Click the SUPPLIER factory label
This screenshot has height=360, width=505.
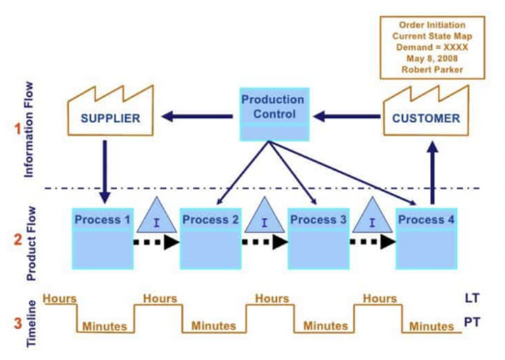pyautogui.click(x=110, y=118)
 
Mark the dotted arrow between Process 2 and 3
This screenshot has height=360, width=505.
pyautogui.click(x=264, y=241)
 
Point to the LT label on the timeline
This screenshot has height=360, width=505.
pyautogui.click(x=473, y=298)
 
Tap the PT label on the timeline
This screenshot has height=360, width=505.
pyautogui.click(x=473, y=323)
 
